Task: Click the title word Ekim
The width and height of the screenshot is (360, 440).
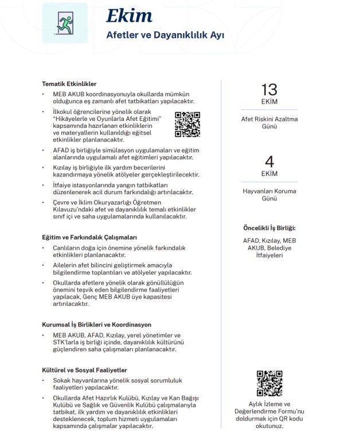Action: [x=129, y=15]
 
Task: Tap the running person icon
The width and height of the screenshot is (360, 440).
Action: [x=64, y=22]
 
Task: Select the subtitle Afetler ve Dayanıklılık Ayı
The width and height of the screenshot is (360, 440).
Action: [x=165, y=35]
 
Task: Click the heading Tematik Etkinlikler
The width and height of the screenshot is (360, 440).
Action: [x=69, y=84]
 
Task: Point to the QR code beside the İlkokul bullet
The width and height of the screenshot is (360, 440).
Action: [x=187, y=124]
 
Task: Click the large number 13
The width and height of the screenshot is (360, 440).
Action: [x=269, y=89]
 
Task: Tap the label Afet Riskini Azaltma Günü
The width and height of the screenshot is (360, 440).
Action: [x=269, y=123]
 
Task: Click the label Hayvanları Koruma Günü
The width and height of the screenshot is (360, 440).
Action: [x=269, y=195]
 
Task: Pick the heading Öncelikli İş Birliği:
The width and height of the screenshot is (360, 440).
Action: [x=269, y=227]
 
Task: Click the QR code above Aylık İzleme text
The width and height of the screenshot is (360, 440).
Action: [x=269, y=384]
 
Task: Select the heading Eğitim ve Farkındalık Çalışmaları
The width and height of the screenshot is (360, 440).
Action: [x=89, y=237]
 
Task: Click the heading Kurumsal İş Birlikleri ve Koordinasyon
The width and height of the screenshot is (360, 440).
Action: [x=96, y=324]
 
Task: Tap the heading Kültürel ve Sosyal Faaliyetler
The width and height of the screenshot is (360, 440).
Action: [x=85, y=370]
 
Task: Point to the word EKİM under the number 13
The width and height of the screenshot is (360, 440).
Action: [x=269, y=103]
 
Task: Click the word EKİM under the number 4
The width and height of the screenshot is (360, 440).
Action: [x=269, y=174]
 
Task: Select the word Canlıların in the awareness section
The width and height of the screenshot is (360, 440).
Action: [x=66, y=247]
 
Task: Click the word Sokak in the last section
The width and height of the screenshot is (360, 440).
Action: [x=62, y=380]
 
